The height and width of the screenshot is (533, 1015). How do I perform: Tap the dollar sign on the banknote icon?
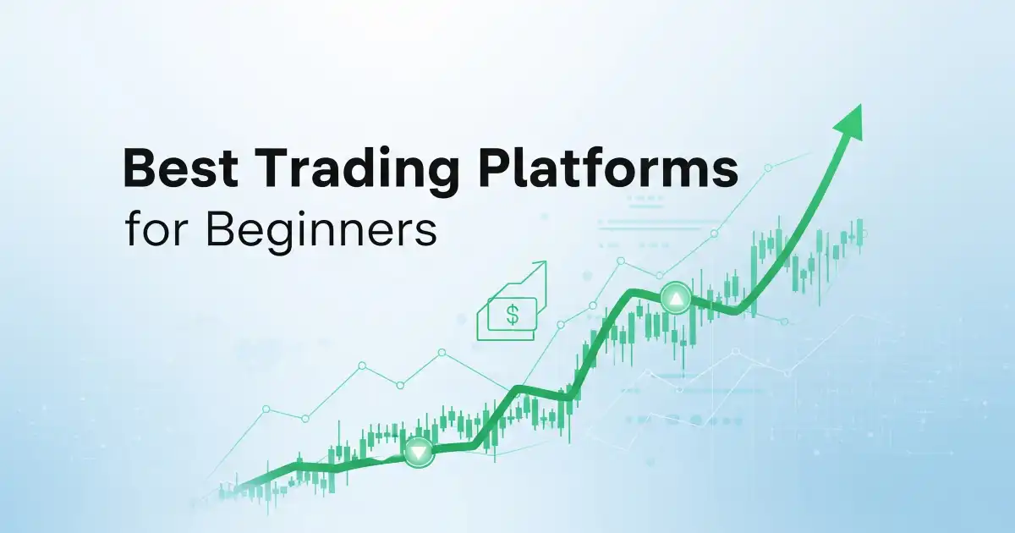click(512, 315)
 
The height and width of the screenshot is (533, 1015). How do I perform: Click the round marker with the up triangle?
click(676, 298)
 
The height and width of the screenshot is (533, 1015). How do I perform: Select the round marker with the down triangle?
click(420, 452)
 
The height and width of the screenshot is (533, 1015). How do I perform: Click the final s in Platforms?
click(726, 174)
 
